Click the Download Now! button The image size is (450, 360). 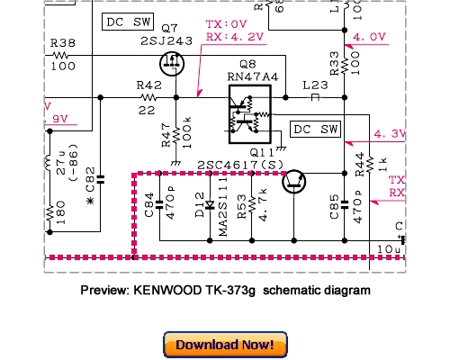pyautogui.click(x=225, y=345)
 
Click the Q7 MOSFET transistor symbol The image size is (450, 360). pyautogui.click(x=171, y=63)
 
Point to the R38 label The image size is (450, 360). pyautogui.click(x=62, y=42)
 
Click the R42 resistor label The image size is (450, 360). pyautogui.click(x=148, y=83)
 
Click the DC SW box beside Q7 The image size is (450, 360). pyautogui.click(x=125, y=20)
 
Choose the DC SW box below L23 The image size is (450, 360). pyautogui.click(x=318, y=130)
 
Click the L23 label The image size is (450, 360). pyautogui.click(x=315, y=84)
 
